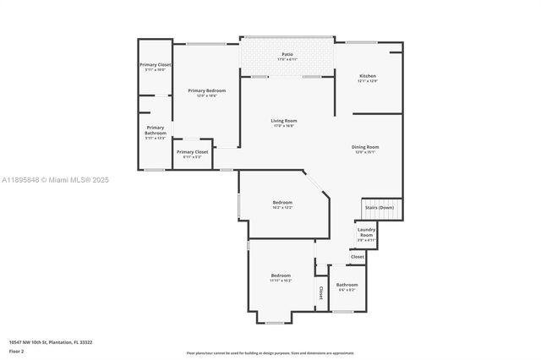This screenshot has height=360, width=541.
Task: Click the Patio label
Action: (287, 55)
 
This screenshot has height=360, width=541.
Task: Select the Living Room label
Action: (284, 121)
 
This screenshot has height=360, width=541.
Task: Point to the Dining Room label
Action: (365, 147)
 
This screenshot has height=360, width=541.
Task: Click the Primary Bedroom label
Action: (207, 90)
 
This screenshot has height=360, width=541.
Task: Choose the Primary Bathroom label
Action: (156, 130)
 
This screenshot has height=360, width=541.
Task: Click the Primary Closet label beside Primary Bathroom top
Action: (156, 64)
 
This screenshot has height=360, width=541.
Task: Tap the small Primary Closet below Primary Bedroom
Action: (192, 152)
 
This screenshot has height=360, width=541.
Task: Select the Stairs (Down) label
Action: (379, 207)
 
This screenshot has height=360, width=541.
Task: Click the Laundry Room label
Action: (366, 232)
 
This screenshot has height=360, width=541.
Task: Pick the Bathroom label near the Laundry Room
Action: (347, 285)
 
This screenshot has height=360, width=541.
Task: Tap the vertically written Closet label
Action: (320, 292)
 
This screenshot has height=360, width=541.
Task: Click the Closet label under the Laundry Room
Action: (358, 256)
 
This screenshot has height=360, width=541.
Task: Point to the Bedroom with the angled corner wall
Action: (282, 203)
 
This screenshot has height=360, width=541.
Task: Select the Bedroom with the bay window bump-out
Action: (281, 275)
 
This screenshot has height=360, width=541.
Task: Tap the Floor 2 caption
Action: (16, 350)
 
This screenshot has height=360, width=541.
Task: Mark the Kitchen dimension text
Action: (367, 81)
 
